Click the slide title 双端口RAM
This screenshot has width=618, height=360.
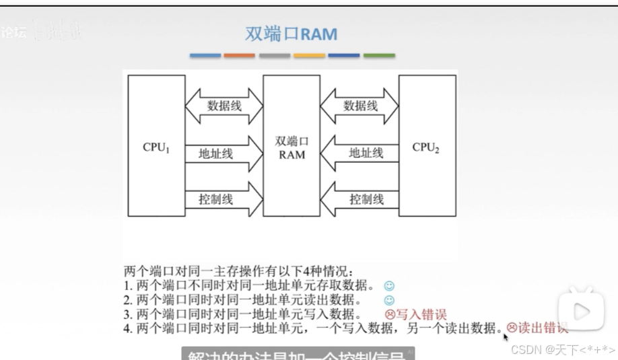click(x=291, y=34)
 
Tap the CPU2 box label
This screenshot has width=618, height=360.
click(x=426, y=147)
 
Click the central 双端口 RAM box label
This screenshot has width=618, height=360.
click(x=291, y=148)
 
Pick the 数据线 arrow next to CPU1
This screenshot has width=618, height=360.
click(x=224, y=106)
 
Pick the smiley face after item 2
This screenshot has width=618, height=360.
click(x=389, y=301)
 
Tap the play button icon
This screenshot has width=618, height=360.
click(x=581, y=311)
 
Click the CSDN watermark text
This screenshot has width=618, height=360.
click(x=563, y=349)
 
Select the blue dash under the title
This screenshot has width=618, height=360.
click(x=205, y=55)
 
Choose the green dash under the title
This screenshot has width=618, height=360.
click(x=379, y=55)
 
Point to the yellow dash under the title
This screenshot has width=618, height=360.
click(x=309, y=55)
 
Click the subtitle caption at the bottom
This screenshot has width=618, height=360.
click(x=296, y=355)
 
